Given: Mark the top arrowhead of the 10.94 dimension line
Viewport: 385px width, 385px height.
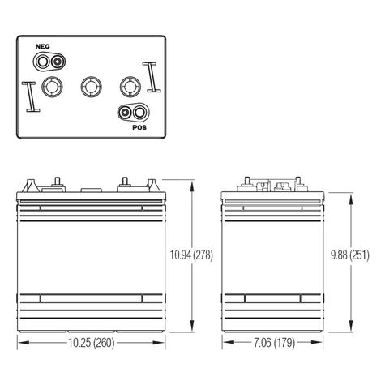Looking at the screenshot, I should pyautogui.click(x=190, y=184).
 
